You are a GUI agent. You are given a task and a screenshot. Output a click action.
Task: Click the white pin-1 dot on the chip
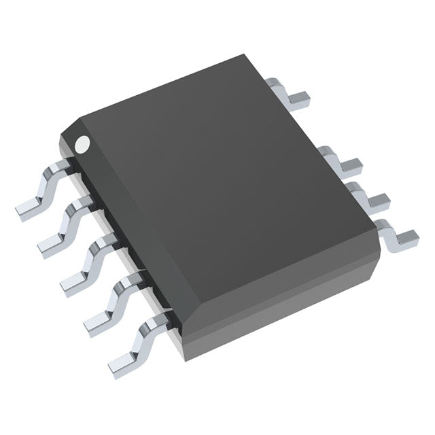(82, 143)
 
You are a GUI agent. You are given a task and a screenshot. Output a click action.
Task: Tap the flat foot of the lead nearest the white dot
(29, 209)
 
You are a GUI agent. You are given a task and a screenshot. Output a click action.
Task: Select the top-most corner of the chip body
(243, 56)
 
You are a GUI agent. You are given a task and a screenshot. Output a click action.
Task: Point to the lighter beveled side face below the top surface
(285, 306)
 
